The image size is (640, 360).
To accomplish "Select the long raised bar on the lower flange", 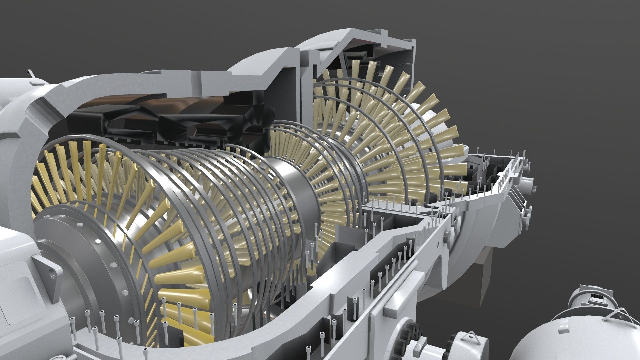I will [x=403, y=290].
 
